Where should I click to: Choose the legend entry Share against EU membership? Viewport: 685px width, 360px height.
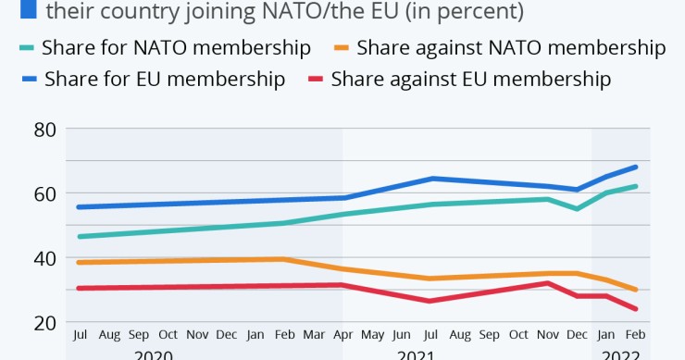click(470, 79)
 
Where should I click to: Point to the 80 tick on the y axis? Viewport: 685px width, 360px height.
click(44, 130)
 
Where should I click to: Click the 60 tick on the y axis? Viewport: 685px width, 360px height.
click(44, 193)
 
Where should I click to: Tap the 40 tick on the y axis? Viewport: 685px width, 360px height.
click(44, 258)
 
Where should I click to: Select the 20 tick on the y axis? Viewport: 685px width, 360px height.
click(44, 323)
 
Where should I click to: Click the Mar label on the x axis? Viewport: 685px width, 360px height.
click(314, 334)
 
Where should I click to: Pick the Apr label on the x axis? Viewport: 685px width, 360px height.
click(342, 334)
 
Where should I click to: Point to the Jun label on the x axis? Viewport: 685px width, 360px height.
click(402, 334)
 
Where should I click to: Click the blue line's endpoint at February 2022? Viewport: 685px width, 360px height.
click(636, 167)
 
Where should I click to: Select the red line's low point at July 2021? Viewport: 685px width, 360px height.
click(430, 301)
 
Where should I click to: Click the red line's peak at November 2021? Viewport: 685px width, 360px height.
click(549, 283)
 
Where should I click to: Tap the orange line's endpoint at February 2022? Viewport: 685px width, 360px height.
click(636, 290)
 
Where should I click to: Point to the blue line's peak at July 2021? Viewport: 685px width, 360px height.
click(430, 178)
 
